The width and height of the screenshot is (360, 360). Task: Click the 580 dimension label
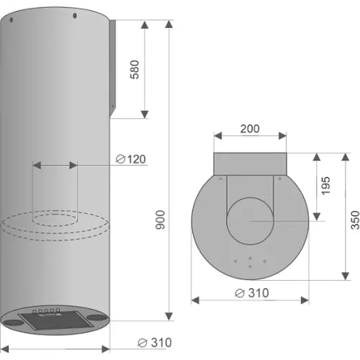click(135, 70)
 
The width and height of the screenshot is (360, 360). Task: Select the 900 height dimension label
click(161, 220)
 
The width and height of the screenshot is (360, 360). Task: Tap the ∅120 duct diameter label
click(131, 159)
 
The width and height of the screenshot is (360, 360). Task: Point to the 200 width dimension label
click(250, 129)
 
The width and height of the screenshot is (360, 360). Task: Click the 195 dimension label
click(325, 186)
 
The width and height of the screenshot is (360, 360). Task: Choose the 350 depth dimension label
click(355, 220)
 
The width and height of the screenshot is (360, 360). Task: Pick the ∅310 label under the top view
click(252, 293)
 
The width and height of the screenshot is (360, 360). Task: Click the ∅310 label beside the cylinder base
click(155, 343)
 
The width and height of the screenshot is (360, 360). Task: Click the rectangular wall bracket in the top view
click(250, 164)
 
